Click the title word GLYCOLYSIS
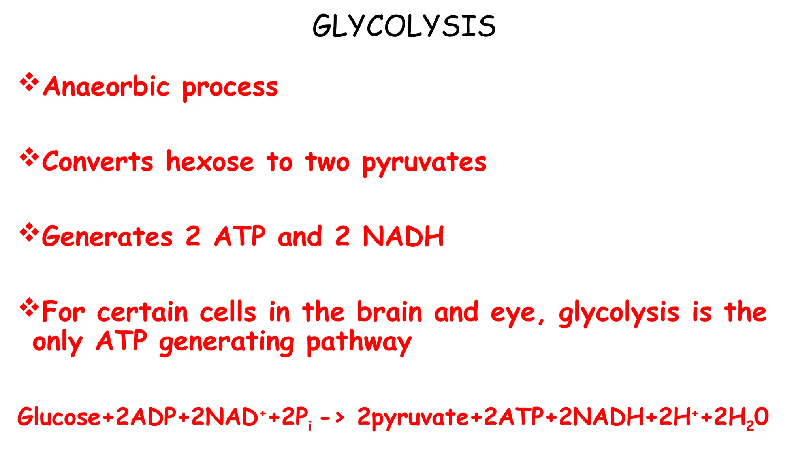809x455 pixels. [x=404, y=26]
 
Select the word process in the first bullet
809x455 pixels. [x=230, y=88]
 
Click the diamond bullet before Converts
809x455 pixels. [x=29, y=158]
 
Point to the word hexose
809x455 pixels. [x=210, y=162]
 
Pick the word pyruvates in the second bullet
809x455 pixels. [x=424, y=163]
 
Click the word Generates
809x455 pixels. [x=107, y=237]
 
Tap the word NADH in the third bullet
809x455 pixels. [x=403, y=237]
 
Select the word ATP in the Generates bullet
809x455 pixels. [x=240, y=236]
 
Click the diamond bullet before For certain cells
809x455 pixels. [x=29, y=308]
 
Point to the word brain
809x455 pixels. [x=389, y=312]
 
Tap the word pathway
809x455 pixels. [x=359, y=343]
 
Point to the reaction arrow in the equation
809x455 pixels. [x=332, y=417]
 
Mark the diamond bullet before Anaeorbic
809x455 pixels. [x=29, y=82]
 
